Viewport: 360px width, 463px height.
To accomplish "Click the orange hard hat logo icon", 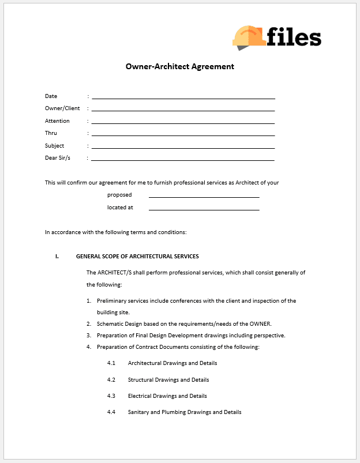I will click(x=249, y=36).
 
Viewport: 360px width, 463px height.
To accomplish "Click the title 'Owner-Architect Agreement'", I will click(x=180, y=66).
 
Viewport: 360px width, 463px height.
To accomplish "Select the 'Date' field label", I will click(x=51, y=96).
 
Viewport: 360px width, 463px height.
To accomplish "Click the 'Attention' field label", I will click(x=57, y=121).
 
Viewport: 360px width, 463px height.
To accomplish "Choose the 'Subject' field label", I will click(x=55, y=146).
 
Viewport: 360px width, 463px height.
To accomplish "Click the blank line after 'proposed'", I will click(x=204, y=197).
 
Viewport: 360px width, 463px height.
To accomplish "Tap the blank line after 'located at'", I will click(x=204, y=209).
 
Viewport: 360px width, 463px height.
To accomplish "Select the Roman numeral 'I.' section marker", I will click(x=57, y=257).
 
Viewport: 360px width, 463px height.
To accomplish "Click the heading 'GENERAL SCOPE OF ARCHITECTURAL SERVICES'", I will click(x=137, y=257).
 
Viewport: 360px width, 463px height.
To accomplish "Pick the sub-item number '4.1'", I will click(x=111, y=363).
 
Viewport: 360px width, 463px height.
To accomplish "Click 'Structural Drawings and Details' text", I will click(x=168, y=380).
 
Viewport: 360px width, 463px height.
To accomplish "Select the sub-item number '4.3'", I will click(x=111, y=396).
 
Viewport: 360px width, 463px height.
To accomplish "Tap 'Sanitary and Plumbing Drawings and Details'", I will click(x=185, y=412).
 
